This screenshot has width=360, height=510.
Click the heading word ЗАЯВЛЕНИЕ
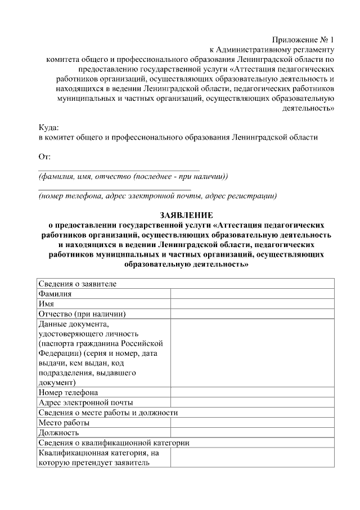point(186,216)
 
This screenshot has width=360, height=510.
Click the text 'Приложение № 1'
point(303,40)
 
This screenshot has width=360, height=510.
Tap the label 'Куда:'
point(48,128)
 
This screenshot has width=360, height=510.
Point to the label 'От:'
point(44,157)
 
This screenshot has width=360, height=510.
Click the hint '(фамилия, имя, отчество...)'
point(133,176)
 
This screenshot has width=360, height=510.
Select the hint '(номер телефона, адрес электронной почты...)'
point(157,196)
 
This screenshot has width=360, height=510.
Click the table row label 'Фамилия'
point(55,293)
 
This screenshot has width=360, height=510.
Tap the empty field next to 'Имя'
point(253,303)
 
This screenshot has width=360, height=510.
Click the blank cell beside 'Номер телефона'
point(253,392)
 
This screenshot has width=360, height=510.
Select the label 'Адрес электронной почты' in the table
point(85,402)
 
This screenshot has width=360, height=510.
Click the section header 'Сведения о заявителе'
point(77,283)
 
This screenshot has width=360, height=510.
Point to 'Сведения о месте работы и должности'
point(108,413)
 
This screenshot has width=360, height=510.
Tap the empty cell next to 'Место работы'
point(253,423)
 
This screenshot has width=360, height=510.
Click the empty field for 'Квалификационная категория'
point(253,458)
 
